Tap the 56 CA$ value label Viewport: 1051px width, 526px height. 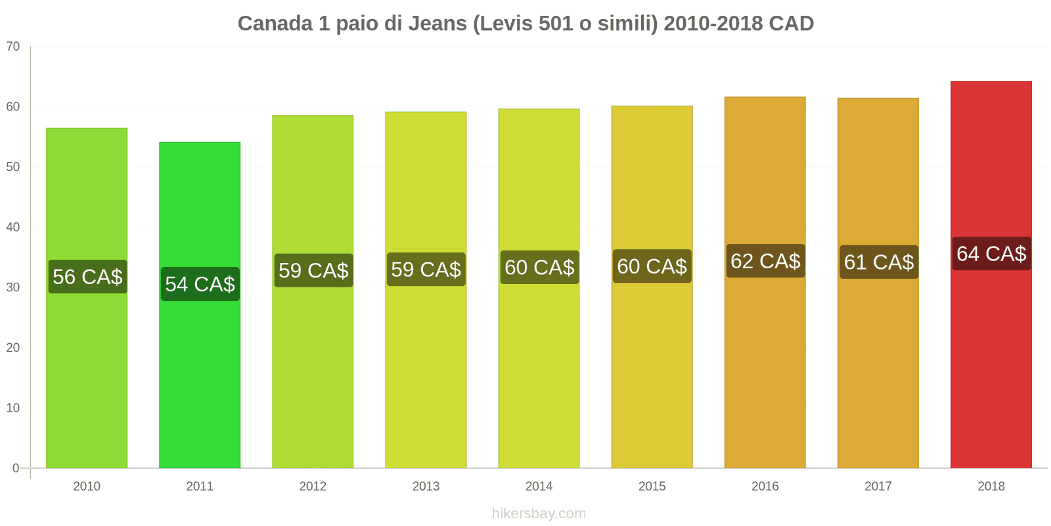87,277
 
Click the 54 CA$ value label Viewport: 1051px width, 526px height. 200,284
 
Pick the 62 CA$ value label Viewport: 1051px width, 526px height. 765,261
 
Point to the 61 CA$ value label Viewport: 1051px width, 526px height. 878,262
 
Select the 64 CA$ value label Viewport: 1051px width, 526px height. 991,254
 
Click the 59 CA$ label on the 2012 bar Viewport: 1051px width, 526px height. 313,270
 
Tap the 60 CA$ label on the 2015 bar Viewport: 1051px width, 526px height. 652,266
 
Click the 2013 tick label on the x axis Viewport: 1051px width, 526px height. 426,487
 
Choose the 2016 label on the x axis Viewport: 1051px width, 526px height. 765,487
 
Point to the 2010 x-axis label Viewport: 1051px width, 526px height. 87,487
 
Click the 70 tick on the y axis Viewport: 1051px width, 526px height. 13,47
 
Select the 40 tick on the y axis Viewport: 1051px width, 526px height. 13,227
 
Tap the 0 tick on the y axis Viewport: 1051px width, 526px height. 16,468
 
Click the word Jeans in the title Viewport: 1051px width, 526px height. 437,24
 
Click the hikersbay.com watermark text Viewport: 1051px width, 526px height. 539,514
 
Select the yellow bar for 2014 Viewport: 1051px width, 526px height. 539,368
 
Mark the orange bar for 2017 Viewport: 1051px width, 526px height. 878,368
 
